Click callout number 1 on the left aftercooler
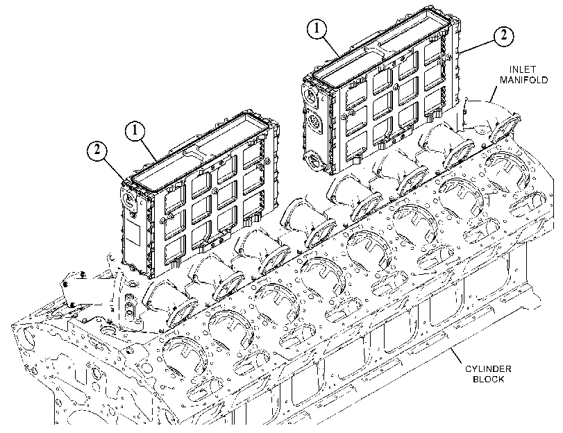click(135, 131)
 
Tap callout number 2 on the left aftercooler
click(97, 150)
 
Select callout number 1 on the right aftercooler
click(317, 28)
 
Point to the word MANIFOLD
click(524, 80)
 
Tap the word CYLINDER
click(488, 368)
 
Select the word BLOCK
click(488, 379)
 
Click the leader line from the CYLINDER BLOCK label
click(461, 356)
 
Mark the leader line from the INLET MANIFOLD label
click(494, 92)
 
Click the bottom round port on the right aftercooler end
click(312, 158)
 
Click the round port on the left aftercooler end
click(128, 199)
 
